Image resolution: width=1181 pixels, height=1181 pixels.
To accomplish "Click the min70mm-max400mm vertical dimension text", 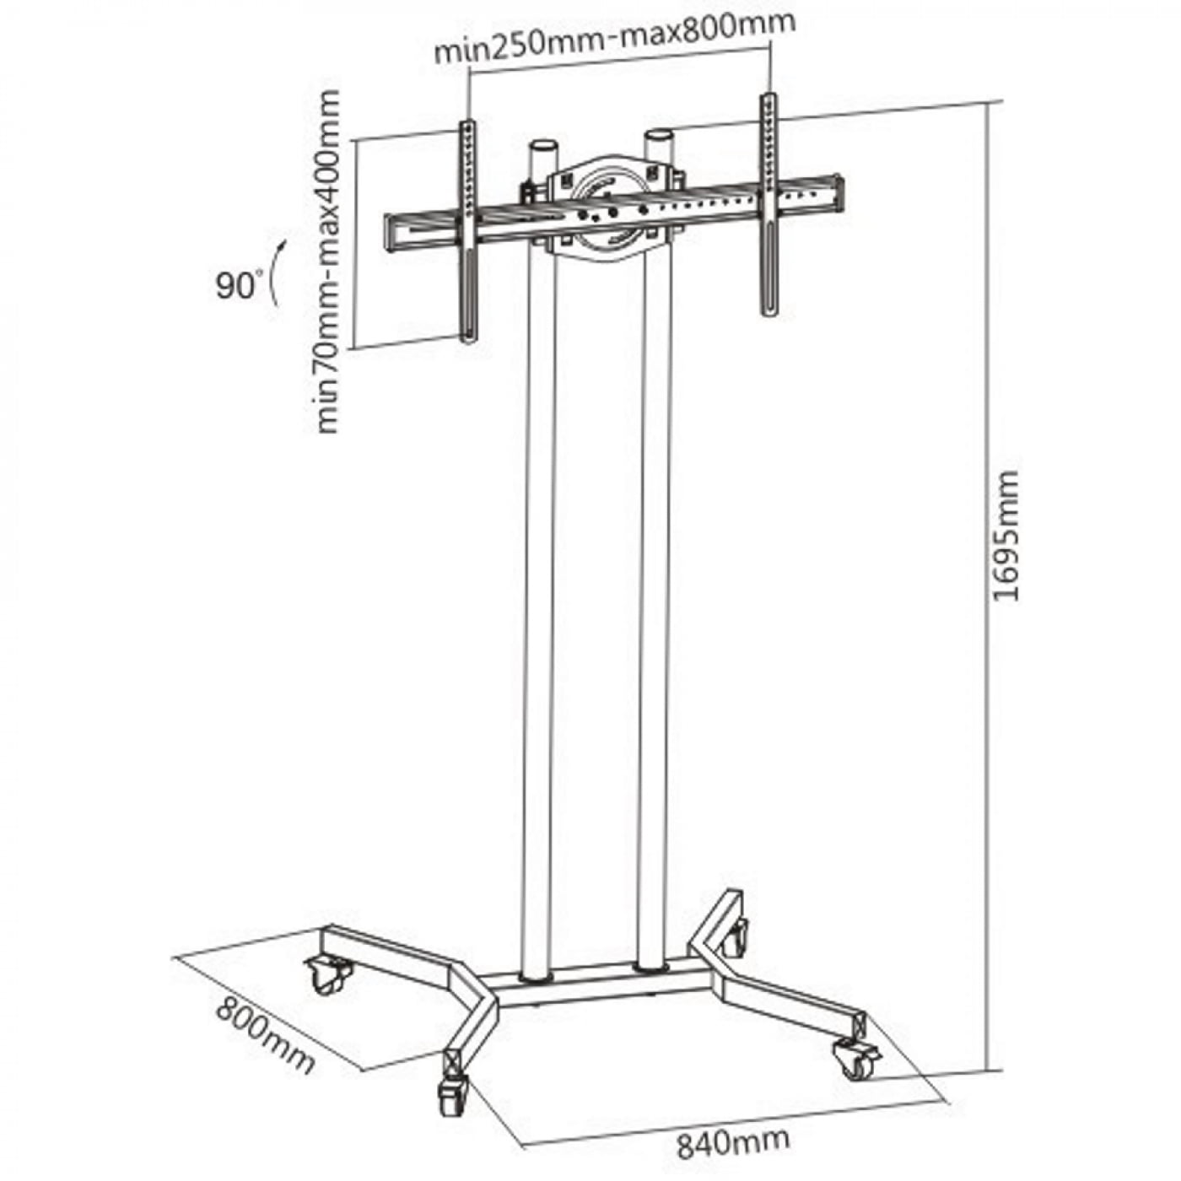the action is point(328,262).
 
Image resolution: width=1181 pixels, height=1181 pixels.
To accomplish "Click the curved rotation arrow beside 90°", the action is point(275,272).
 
